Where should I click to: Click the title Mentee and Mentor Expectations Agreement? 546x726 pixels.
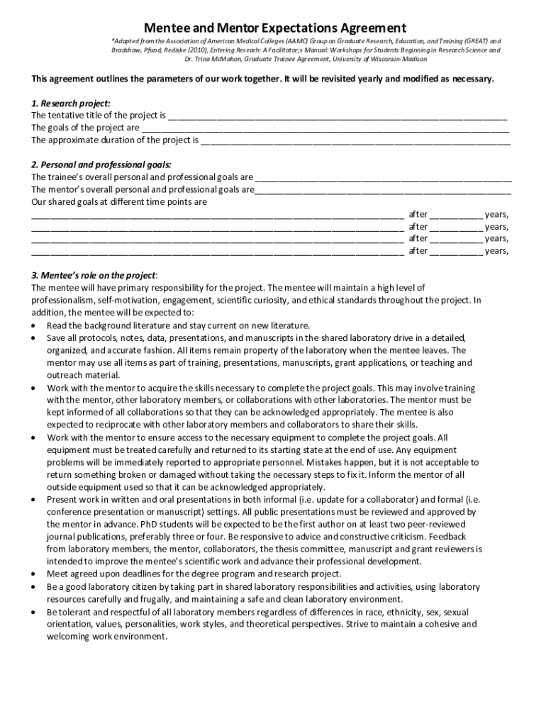(x=275, y=28)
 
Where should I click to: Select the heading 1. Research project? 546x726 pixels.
(x=71, y=103)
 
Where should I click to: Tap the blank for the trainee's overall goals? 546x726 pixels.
(x=383, y=178)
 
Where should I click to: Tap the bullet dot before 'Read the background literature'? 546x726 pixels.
(x=35, y=325)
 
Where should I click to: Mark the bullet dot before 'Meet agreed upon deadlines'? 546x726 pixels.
(x=35, y=574)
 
